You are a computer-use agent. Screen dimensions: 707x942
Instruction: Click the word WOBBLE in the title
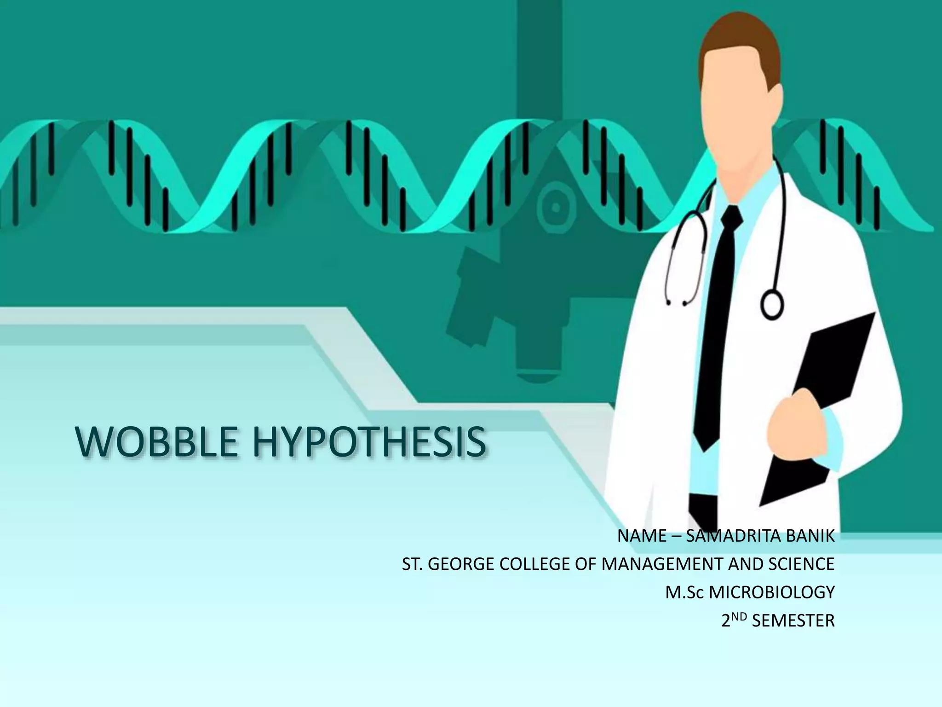156,442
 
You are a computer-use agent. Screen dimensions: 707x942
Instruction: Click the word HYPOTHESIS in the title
368,442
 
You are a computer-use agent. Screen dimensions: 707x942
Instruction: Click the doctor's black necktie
718,322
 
